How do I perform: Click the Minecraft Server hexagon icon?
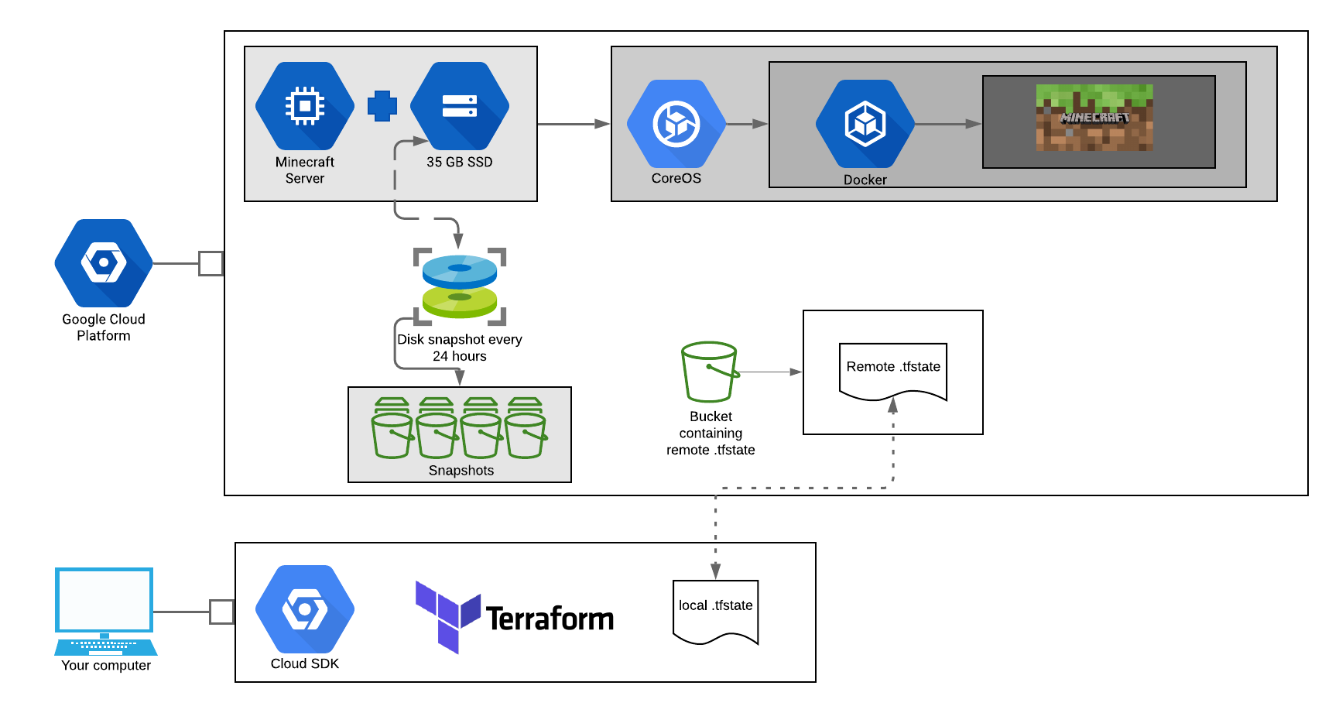click(305, 106)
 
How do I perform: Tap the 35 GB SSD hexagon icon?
click(460, 106)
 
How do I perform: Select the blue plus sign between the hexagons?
click(382, 106)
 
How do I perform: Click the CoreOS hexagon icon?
click(676, 124)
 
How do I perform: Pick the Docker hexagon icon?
click(865, 124)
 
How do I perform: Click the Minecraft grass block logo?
click(1094, 118)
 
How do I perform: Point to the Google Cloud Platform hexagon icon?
click(104, 263)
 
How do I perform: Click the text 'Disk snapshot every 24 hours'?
click(460, 348)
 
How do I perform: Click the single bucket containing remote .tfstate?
click(710, 372)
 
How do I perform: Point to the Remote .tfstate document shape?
click(893, 371)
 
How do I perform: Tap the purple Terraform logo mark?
click(448, 616)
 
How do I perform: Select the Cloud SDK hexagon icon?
click(305, 610)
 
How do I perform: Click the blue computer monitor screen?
click(104, 600)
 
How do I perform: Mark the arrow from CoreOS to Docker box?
click(747, 124)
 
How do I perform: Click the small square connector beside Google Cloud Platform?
click(211, 263)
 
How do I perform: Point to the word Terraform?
click(550, 619)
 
